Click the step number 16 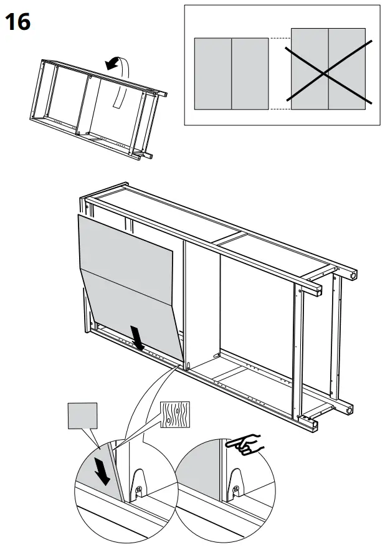click(x=18, y=22)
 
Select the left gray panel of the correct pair click(x=213, y=74)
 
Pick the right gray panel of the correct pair click(x=250, y=74)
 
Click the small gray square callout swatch click(x=83, y=416)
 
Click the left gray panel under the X click(x=310, y=69)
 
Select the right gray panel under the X click(x=347, y=69)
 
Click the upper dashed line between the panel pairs click(x=280, y=39)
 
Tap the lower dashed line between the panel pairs click(x=280, y=109)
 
